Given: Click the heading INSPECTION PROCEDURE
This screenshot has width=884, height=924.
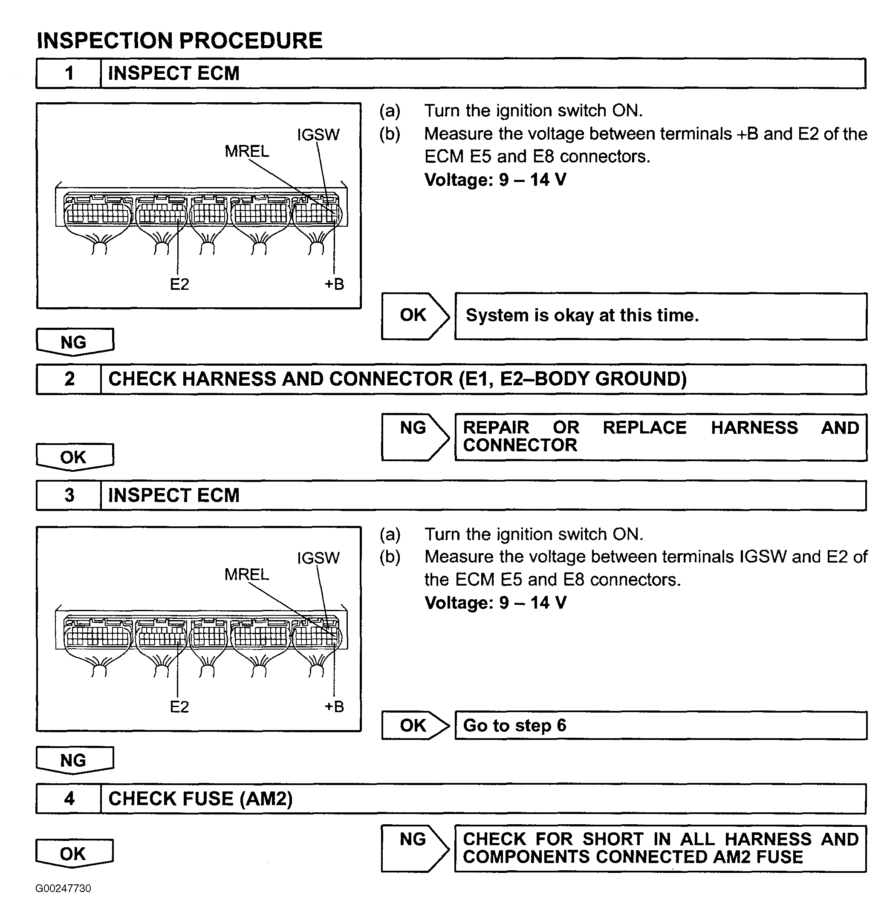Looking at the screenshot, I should (x=179, y=40).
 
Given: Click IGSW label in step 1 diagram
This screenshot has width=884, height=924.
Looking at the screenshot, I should (x=318, y=135).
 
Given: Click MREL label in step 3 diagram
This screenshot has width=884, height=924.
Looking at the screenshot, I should (x=246, y=575).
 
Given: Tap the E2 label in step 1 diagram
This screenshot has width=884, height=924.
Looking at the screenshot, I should (x=179, y=284).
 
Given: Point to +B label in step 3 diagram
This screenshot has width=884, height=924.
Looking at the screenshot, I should (x=334, y=707).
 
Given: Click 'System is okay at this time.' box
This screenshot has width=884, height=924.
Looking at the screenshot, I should (x=660, y=316).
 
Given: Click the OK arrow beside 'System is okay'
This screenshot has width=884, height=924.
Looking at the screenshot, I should (x=414, y=316).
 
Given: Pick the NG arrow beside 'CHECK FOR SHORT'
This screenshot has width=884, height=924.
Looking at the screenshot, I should (x=414, y=848).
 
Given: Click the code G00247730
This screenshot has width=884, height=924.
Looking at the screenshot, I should (x=63, y=888).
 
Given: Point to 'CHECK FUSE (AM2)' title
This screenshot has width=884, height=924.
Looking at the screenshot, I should (x=200, y=799).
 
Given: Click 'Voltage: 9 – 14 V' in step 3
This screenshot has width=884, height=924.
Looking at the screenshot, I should (x=495, y=603).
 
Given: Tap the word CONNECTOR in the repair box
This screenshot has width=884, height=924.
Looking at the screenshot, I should (x=520, y=445).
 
